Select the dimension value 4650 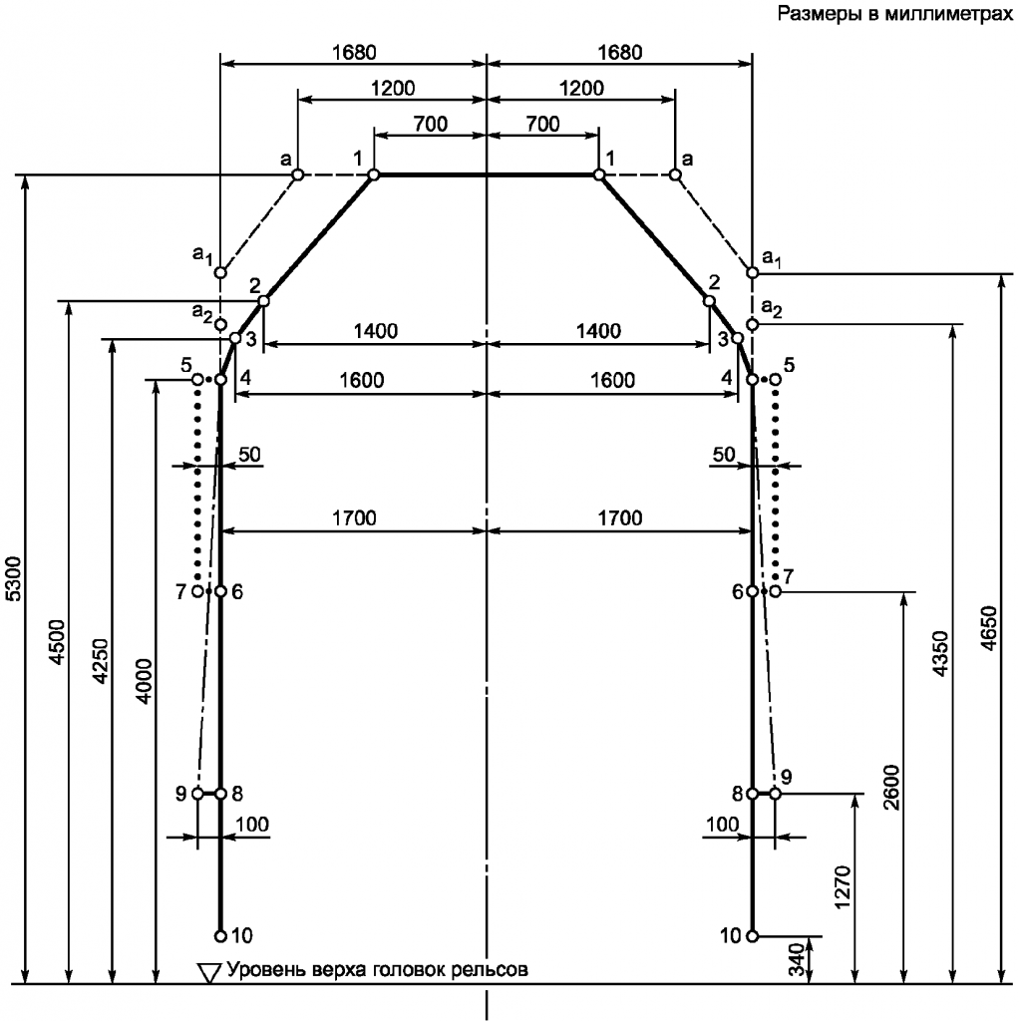(x=988, y=628)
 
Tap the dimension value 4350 (x=941, y=654)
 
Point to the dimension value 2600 (x=891, y=787)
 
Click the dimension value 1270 (x=842, y=886)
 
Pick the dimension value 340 (x=797, y=960)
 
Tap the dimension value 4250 (x=101, y=662)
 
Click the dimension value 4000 (x=145, y=681)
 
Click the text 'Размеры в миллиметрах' (x=895, y=13)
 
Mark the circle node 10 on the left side (x=220, y=936)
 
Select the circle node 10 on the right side (x=752, y=936)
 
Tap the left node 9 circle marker (x=197, y=794)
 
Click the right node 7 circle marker (x=775, y=591)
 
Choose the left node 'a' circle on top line (x=297, y=174)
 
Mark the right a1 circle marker (x=752, y=272)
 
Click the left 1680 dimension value (x=354, y=52)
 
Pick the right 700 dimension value (x=542, y=123)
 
